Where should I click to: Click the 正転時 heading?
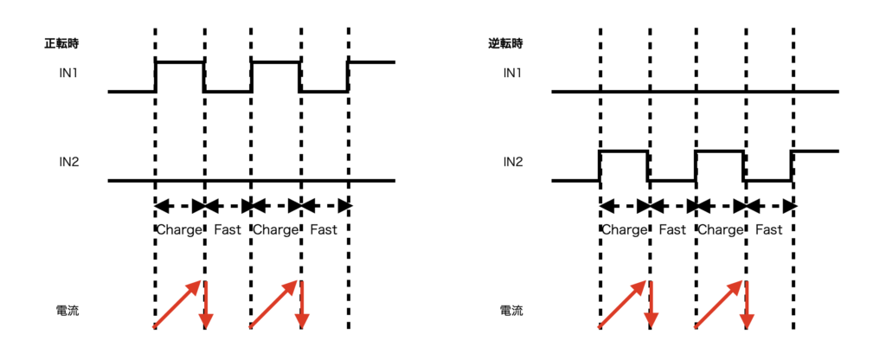pyautogui.click(x=63, y=42)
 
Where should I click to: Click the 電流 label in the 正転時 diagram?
pyautogui.click(x=66, y=309)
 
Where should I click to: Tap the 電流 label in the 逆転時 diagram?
pyautogui.click(x=510, y=309)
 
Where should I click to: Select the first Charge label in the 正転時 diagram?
pyautogui.click(x=179, y=230)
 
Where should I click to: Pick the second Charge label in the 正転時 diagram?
pyautogui.click(x=275, y=230)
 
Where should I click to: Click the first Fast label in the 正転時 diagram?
pyautogui.click(x=228, y=230)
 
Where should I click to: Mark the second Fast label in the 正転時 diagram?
pyautogui.click(x=324, y=230)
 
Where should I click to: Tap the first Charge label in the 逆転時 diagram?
pyautogui.click(x=624, y=230)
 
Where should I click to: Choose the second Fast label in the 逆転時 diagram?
pyautogui.click(x=767, y=230)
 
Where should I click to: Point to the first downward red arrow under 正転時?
pyautogui.click(x=206, y=305)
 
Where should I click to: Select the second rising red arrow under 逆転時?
pyautogui.click(x=718, y=305)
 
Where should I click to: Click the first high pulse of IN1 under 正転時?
pyautogui.click(x=180, y=62)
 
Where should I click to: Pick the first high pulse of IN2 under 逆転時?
pyautogui.click(x=624, y=151)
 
